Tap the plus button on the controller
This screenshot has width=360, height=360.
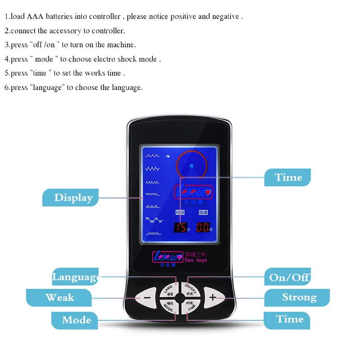tap(212, 297)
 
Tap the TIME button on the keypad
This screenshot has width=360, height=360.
tap(191, 306)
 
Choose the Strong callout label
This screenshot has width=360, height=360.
tap(299, 297)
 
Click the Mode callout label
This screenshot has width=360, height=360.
tap(76, 320)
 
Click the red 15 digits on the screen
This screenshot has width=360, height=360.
tap(181, 227)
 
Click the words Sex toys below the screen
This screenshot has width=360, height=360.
tap(196, 260)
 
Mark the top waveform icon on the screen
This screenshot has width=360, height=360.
tap(152, 155)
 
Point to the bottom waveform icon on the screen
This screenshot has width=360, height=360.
tap(153, 234)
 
